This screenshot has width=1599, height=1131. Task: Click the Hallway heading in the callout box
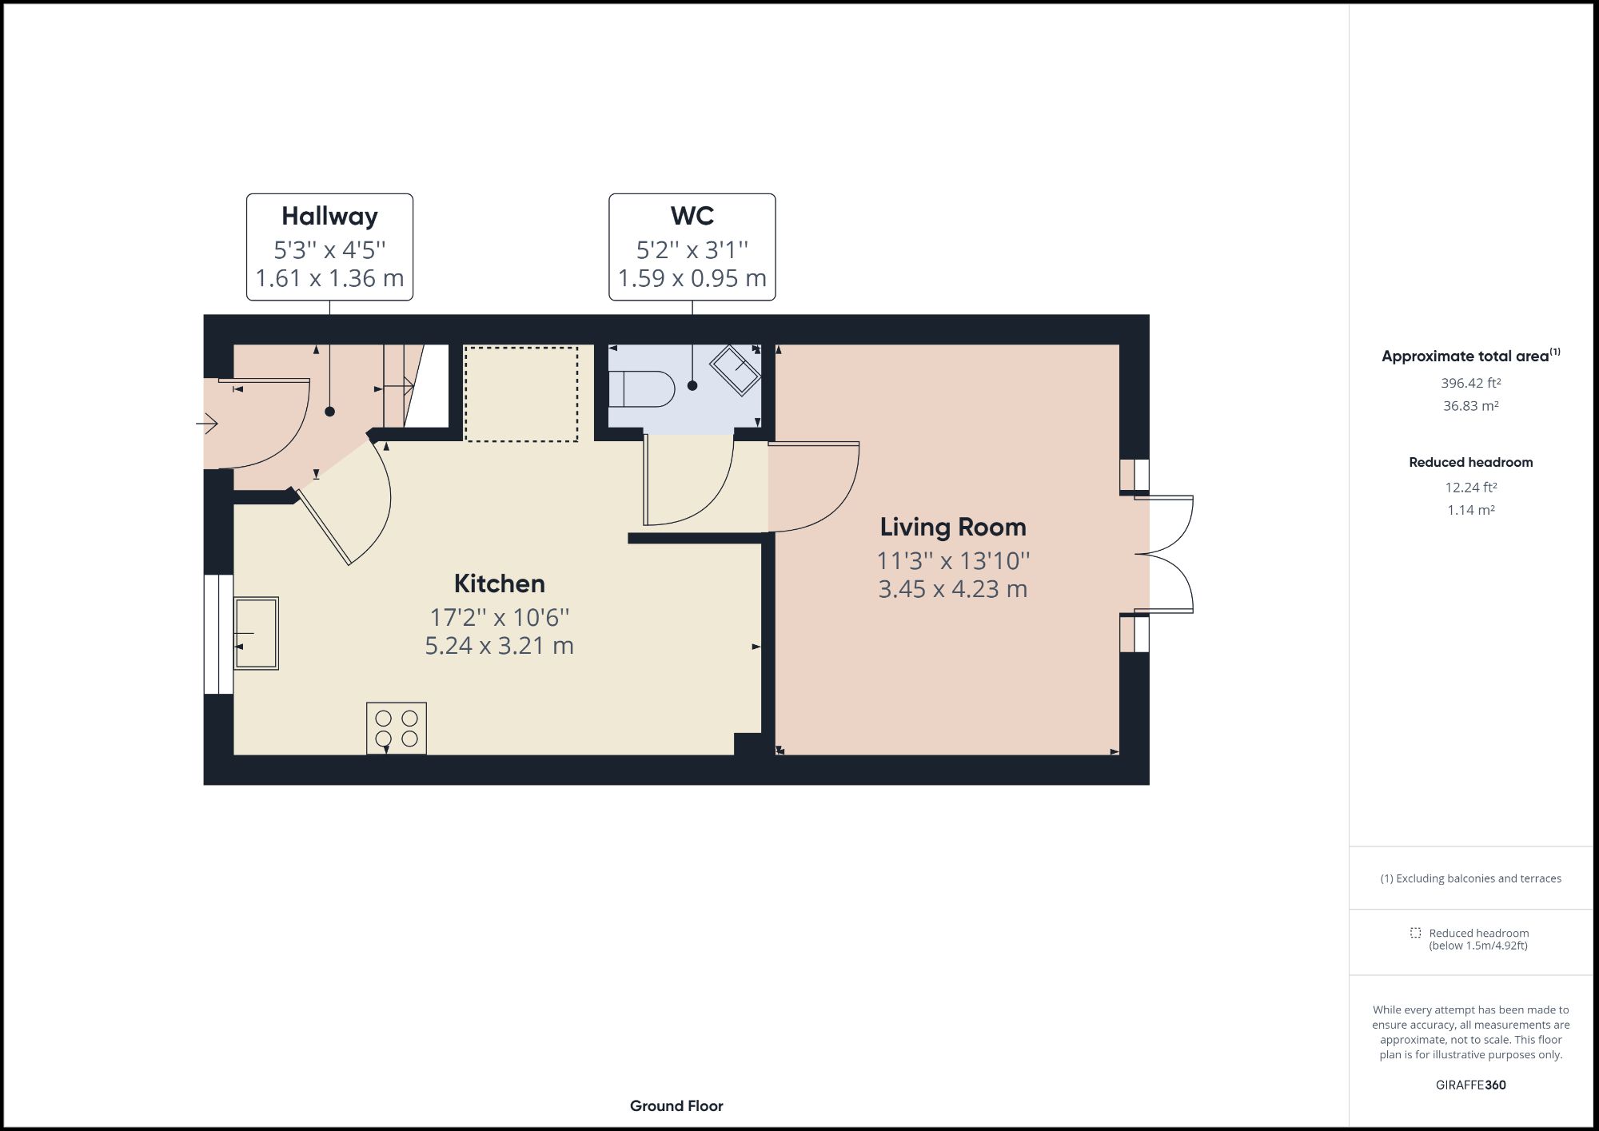tap(329, 216)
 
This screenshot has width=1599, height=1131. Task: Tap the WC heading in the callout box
tap(692, 216)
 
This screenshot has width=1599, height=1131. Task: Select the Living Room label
tap(953, 527)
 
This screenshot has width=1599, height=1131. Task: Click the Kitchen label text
tap(500, 583)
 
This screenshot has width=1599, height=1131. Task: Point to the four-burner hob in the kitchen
tap(397, 728)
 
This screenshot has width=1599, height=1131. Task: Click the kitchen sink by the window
tap(256, 633)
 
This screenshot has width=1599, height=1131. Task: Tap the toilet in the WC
tap(641, 389)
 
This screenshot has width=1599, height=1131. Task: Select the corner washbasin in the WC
tap(736, 369)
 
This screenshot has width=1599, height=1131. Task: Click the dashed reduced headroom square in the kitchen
tap(521, 393)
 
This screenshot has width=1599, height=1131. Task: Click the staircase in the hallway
tap(415, 386)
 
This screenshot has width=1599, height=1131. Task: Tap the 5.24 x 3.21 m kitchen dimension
tap(500, 646)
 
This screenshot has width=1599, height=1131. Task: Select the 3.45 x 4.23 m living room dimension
tap(953, 589)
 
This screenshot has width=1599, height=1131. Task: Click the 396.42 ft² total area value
tap(1470, 383)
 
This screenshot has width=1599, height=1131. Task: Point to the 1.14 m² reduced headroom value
tap(1470, 510)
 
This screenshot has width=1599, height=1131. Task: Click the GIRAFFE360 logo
tap(1470, 1085)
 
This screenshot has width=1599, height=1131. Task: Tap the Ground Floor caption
tap(676, 1106)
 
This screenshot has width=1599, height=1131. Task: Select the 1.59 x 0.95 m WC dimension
tap(692, 278)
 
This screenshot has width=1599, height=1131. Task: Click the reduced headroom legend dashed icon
tap(1415, 933)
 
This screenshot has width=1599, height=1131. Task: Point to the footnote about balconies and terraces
tap(1470, 878)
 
